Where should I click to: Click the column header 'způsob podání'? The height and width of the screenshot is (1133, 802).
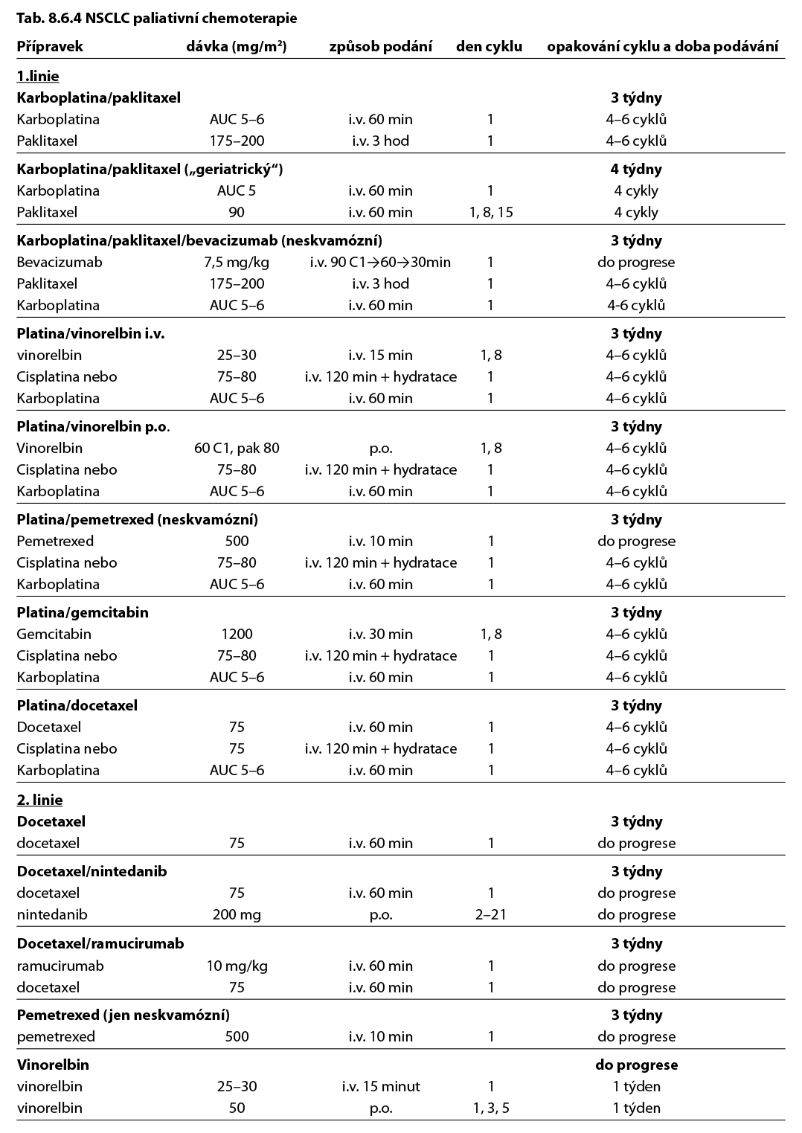380,46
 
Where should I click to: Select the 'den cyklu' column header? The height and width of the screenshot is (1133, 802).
489,46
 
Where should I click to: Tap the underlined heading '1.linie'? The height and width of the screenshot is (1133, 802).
38,76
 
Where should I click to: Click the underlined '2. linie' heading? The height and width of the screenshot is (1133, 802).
39,800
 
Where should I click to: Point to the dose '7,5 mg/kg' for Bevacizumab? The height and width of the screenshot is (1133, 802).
237,262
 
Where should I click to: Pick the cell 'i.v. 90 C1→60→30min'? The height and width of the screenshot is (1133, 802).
380,262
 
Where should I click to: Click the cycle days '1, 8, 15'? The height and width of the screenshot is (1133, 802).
491,212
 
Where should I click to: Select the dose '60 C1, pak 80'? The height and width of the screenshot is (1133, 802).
237,448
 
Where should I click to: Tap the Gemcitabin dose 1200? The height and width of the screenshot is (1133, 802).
237,634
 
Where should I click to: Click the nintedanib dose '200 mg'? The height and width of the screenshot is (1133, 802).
237,914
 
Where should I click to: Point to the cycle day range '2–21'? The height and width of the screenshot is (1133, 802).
491,914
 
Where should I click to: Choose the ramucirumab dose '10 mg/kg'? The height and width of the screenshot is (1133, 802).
237,966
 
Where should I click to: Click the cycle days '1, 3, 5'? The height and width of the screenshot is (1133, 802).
491,1108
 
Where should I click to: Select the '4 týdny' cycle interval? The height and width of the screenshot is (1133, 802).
636,169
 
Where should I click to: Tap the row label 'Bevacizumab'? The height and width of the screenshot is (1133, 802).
60,262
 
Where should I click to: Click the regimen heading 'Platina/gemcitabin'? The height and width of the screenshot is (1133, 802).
83,612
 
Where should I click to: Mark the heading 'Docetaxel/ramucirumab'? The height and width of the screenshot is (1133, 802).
100,943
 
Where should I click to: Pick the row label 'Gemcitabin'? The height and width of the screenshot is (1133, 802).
54,634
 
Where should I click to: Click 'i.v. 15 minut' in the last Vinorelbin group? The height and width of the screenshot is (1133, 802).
380,1086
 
